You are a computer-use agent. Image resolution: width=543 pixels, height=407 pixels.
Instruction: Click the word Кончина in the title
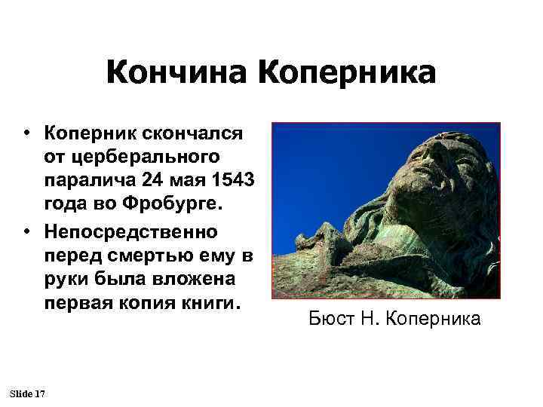pos(177,74)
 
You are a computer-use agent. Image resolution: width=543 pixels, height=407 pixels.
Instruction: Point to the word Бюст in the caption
pos(329,319)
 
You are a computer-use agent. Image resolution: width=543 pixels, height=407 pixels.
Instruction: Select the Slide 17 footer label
pos(28,394)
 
